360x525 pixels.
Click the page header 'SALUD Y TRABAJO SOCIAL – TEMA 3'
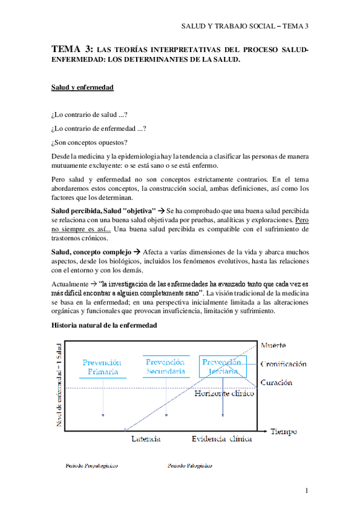click(x=244, y=26)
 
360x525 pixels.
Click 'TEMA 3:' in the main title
click(x=72, y=49)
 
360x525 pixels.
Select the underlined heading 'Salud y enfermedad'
click(x=82, y=88)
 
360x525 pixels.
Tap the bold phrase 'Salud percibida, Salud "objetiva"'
click(x=103, y=211)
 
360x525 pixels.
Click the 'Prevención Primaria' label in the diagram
click(x=101, y=367)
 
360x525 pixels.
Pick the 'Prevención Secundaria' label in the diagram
click(x=165, y=367)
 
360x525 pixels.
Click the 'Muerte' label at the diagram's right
click(x=273, y=345)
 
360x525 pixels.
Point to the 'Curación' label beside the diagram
click(x=276, y=383)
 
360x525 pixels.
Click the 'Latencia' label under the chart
click(x=146, y=439)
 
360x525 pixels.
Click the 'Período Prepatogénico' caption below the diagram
click(x=92, y=465)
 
